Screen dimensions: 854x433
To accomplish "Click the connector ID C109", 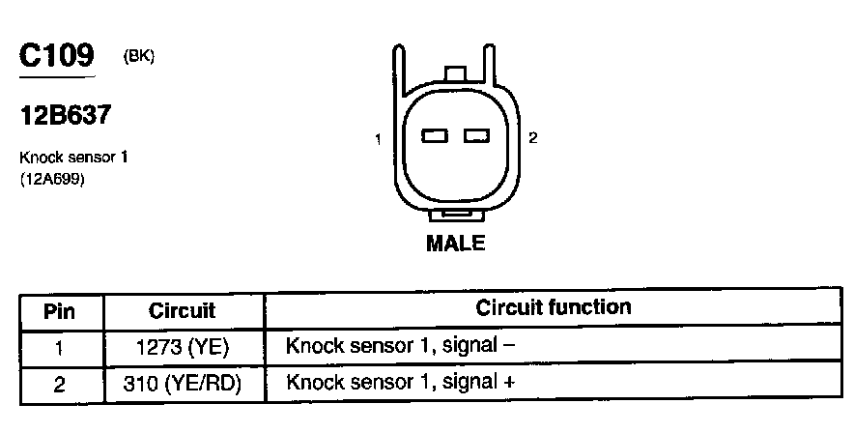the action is [57, 56].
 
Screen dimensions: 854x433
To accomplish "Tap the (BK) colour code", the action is [139, 56].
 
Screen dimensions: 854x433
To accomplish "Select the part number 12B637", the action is [65, 116].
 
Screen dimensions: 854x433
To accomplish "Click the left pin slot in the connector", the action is [435, 136].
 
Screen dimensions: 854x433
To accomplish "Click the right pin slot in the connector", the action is [477, 136].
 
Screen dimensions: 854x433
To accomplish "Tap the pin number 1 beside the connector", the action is [379, 139].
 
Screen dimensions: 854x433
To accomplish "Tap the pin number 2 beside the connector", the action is [532, 138].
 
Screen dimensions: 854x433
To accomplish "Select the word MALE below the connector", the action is [455, 244].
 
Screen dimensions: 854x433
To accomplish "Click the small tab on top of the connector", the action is [455, 74].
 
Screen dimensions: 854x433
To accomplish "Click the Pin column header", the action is [60, 311].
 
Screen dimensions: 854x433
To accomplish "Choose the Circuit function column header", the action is [553, 308].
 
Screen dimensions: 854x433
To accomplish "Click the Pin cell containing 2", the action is [60, 384].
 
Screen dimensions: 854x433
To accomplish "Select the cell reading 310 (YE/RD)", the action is [183, 384].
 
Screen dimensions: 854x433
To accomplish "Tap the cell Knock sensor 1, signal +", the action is [400, 383].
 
